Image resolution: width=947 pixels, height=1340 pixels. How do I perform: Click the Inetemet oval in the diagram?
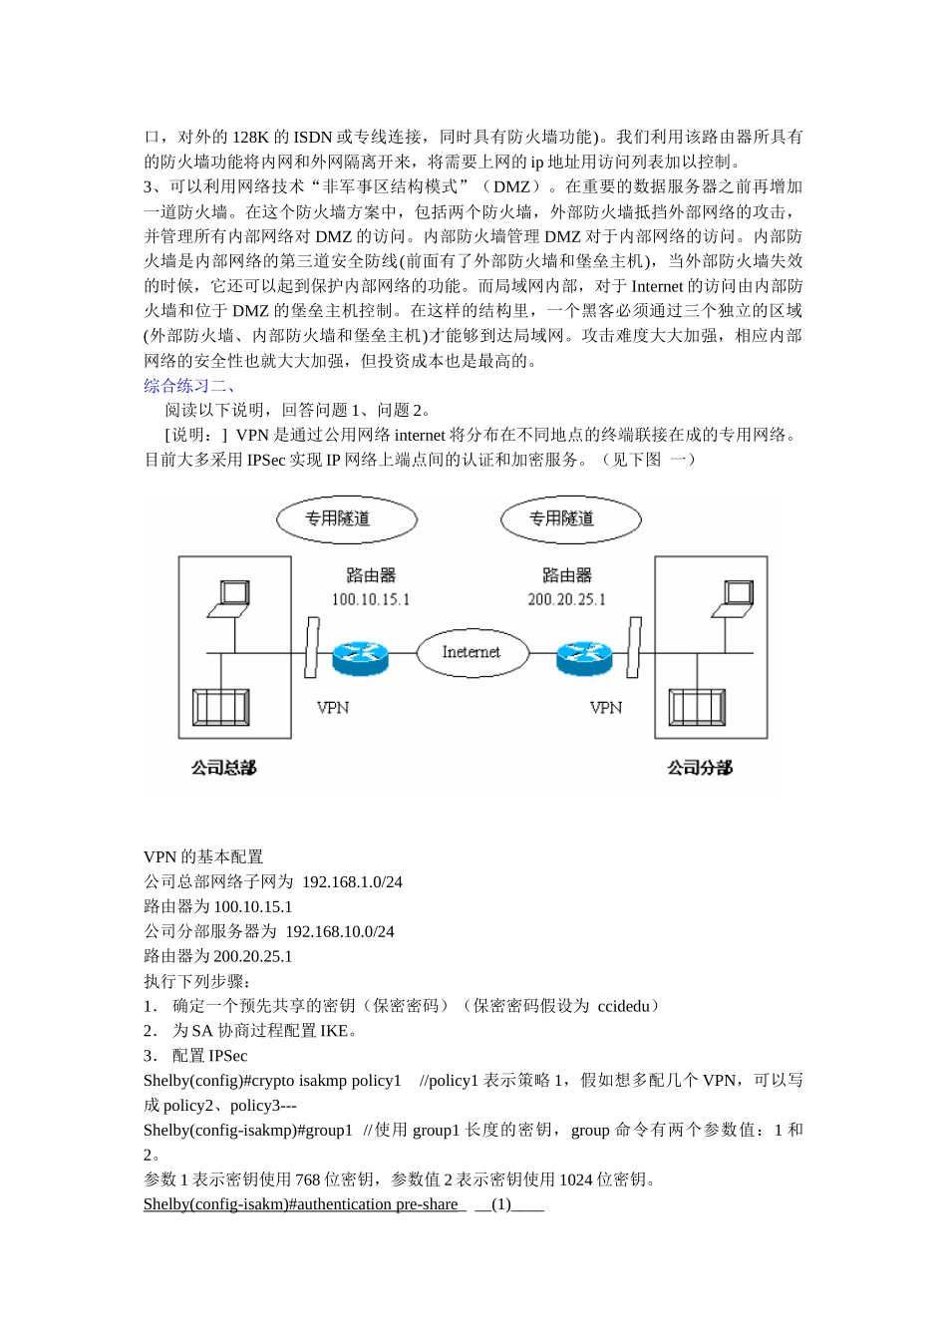(471, 652)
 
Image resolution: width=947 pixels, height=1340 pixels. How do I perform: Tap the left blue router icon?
(359, 654)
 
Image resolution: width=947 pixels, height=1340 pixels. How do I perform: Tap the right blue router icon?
(584, 654)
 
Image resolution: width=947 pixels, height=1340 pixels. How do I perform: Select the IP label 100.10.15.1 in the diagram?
(371, 599)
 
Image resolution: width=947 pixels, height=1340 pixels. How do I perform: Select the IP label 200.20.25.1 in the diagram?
(566, 599)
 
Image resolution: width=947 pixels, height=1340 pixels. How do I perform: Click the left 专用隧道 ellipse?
(346, 518)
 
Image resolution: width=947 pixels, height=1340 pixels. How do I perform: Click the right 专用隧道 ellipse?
(570, 518)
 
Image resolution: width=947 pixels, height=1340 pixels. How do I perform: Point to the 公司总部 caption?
(224, 768)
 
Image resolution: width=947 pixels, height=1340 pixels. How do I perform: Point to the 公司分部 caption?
(700, 768)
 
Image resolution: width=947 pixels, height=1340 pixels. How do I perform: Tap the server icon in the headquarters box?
(221, 707)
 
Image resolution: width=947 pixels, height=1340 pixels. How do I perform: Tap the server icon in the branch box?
(697, 707)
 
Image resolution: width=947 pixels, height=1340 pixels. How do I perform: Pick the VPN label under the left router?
(333, 708)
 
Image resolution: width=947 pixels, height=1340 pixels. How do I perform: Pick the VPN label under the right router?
(606, 708)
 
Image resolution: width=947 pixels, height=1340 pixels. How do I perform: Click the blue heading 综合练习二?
(188, 386)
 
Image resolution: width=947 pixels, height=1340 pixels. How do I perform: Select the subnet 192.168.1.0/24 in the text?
(352, 882)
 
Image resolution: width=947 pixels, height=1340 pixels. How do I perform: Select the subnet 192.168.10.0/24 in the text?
(340, 932)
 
